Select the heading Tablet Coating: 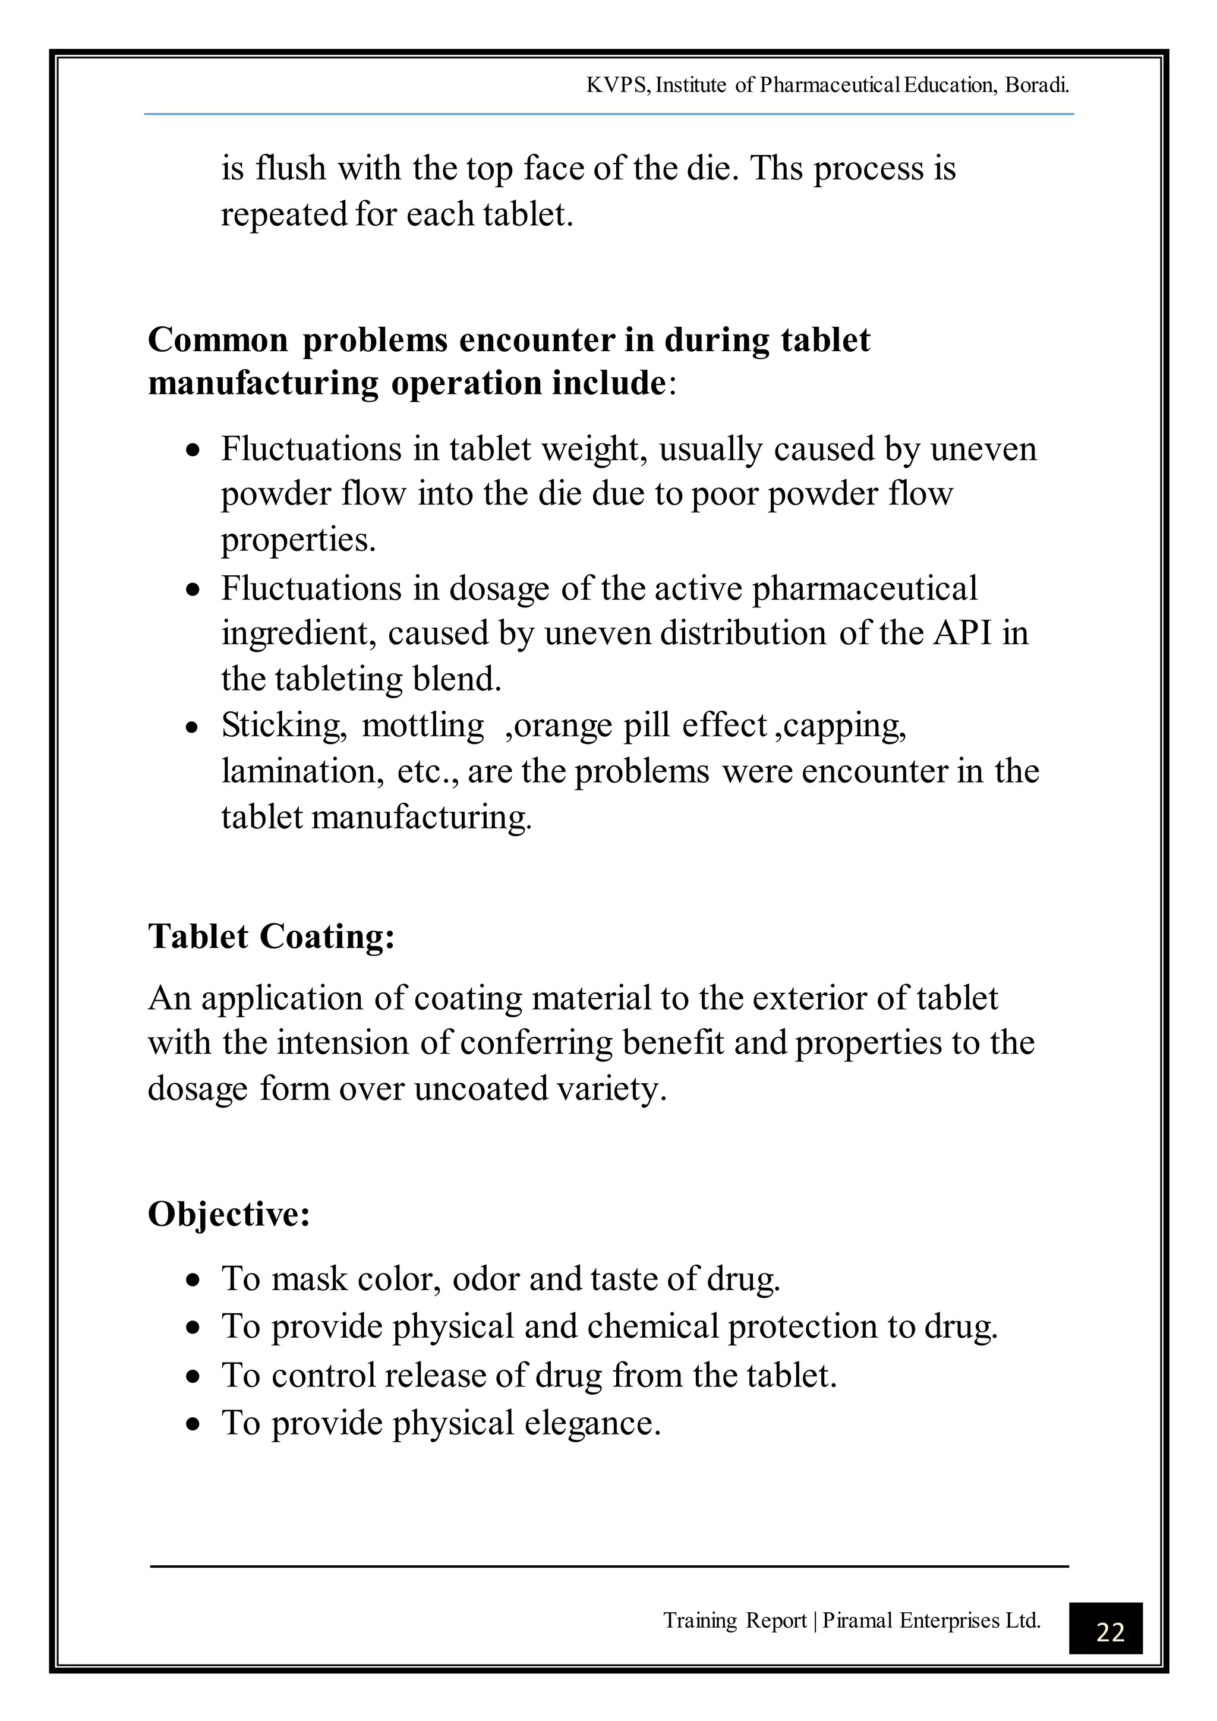click(x=272, y=936)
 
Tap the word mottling click(x=423, y=726)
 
